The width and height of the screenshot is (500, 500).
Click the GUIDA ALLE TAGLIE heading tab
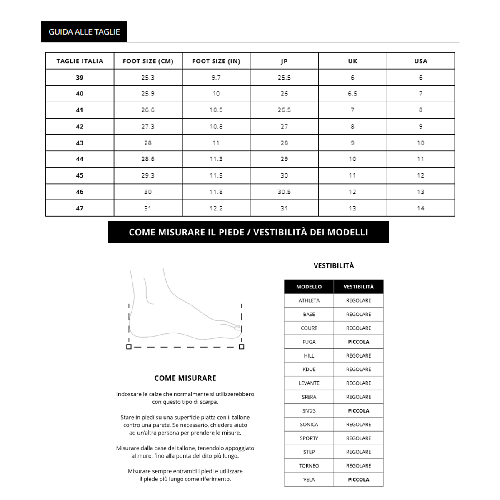[84, 32]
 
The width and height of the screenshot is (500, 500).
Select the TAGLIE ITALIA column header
[80, 61]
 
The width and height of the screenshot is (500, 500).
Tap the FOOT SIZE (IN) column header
[216, 61]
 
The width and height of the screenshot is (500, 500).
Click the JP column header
[284, 61]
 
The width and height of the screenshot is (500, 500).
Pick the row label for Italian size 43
[80, 143]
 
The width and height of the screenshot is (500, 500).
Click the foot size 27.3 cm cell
[148, 127]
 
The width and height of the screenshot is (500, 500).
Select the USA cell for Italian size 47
[420, 208]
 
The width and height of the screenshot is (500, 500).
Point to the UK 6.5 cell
[352, 94]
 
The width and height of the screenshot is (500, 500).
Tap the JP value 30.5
[284, 192]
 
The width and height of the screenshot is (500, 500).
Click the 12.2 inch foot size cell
[216, 208]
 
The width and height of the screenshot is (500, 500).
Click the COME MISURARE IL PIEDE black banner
[248, 232]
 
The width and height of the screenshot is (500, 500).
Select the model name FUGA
[309, 342]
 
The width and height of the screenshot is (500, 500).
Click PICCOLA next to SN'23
[358, 411]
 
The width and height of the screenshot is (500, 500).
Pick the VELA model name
[309, 480]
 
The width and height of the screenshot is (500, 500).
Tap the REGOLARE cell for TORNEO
[358, 466]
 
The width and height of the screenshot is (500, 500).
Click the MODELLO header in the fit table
[309, 287]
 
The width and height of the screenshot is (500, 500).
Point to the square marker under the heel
[129, 347]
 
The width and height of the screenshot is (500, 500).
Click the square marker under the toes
[242, 347]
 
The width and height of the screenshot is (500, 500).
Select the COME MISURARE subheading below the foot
[185, 378]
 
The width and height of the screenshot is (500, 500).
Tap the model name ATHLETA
[309, 300]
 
